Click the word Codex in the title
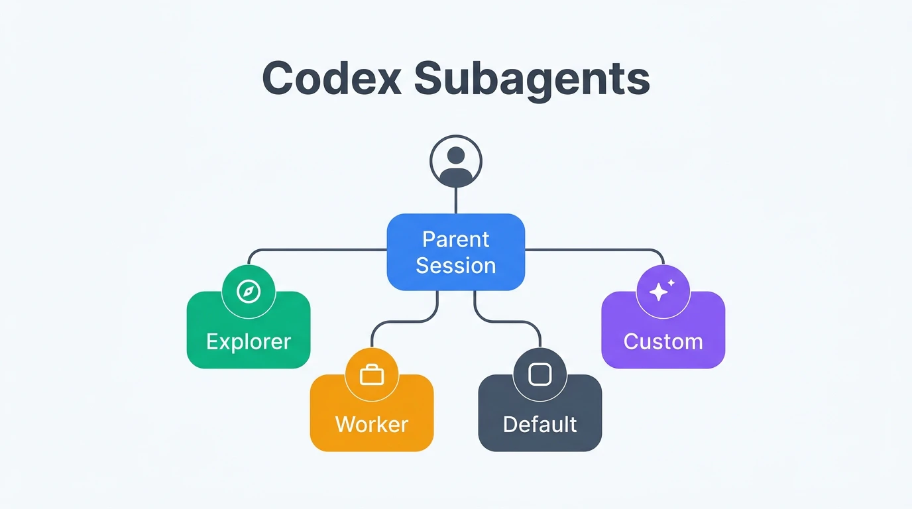[x=331, y=79]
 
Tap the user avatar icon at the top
[x=456, y=161]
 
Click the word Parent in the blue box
[x=456, y=239]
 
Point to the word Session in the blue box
[x=456, y=266]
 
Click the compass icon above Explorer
[x=249, y=292]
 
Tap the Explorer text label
[x=249, y=342]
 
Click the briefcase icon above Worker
[x=372, y=375]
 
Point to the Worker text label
[x=372, y=424]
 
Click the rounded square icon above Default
[x=540, y=375]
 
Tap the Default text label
[x=540, y=424]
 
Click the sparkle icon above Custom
[x=663, y=292]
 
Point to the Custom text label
[x=663, y=342]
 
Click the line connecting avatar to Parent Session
[x=456, y=200]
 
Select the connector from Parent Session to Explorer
[x=318, y=251]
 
